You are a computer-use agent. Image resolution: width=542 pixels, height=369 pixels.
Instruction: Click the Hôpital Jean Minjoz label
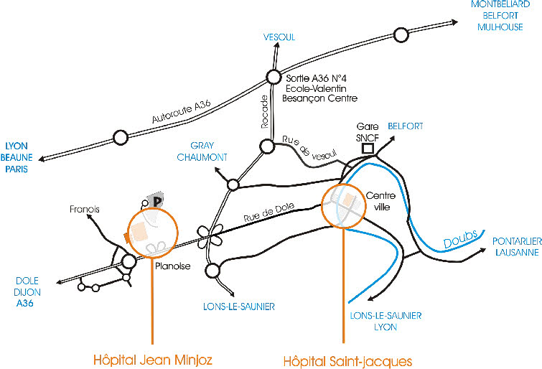153,359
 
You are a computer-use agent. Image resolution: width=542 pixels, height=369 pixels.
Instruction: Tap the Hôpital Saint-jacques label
347,359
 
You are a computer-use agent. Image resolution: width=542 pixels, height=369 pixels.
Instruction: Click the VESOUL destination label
279,37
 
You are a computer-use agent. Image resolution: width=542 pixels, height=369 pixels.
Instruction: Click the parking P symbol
155,202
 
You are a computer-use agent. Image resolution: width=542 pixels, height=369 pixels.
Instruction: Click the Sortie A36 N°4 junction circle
273,77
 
